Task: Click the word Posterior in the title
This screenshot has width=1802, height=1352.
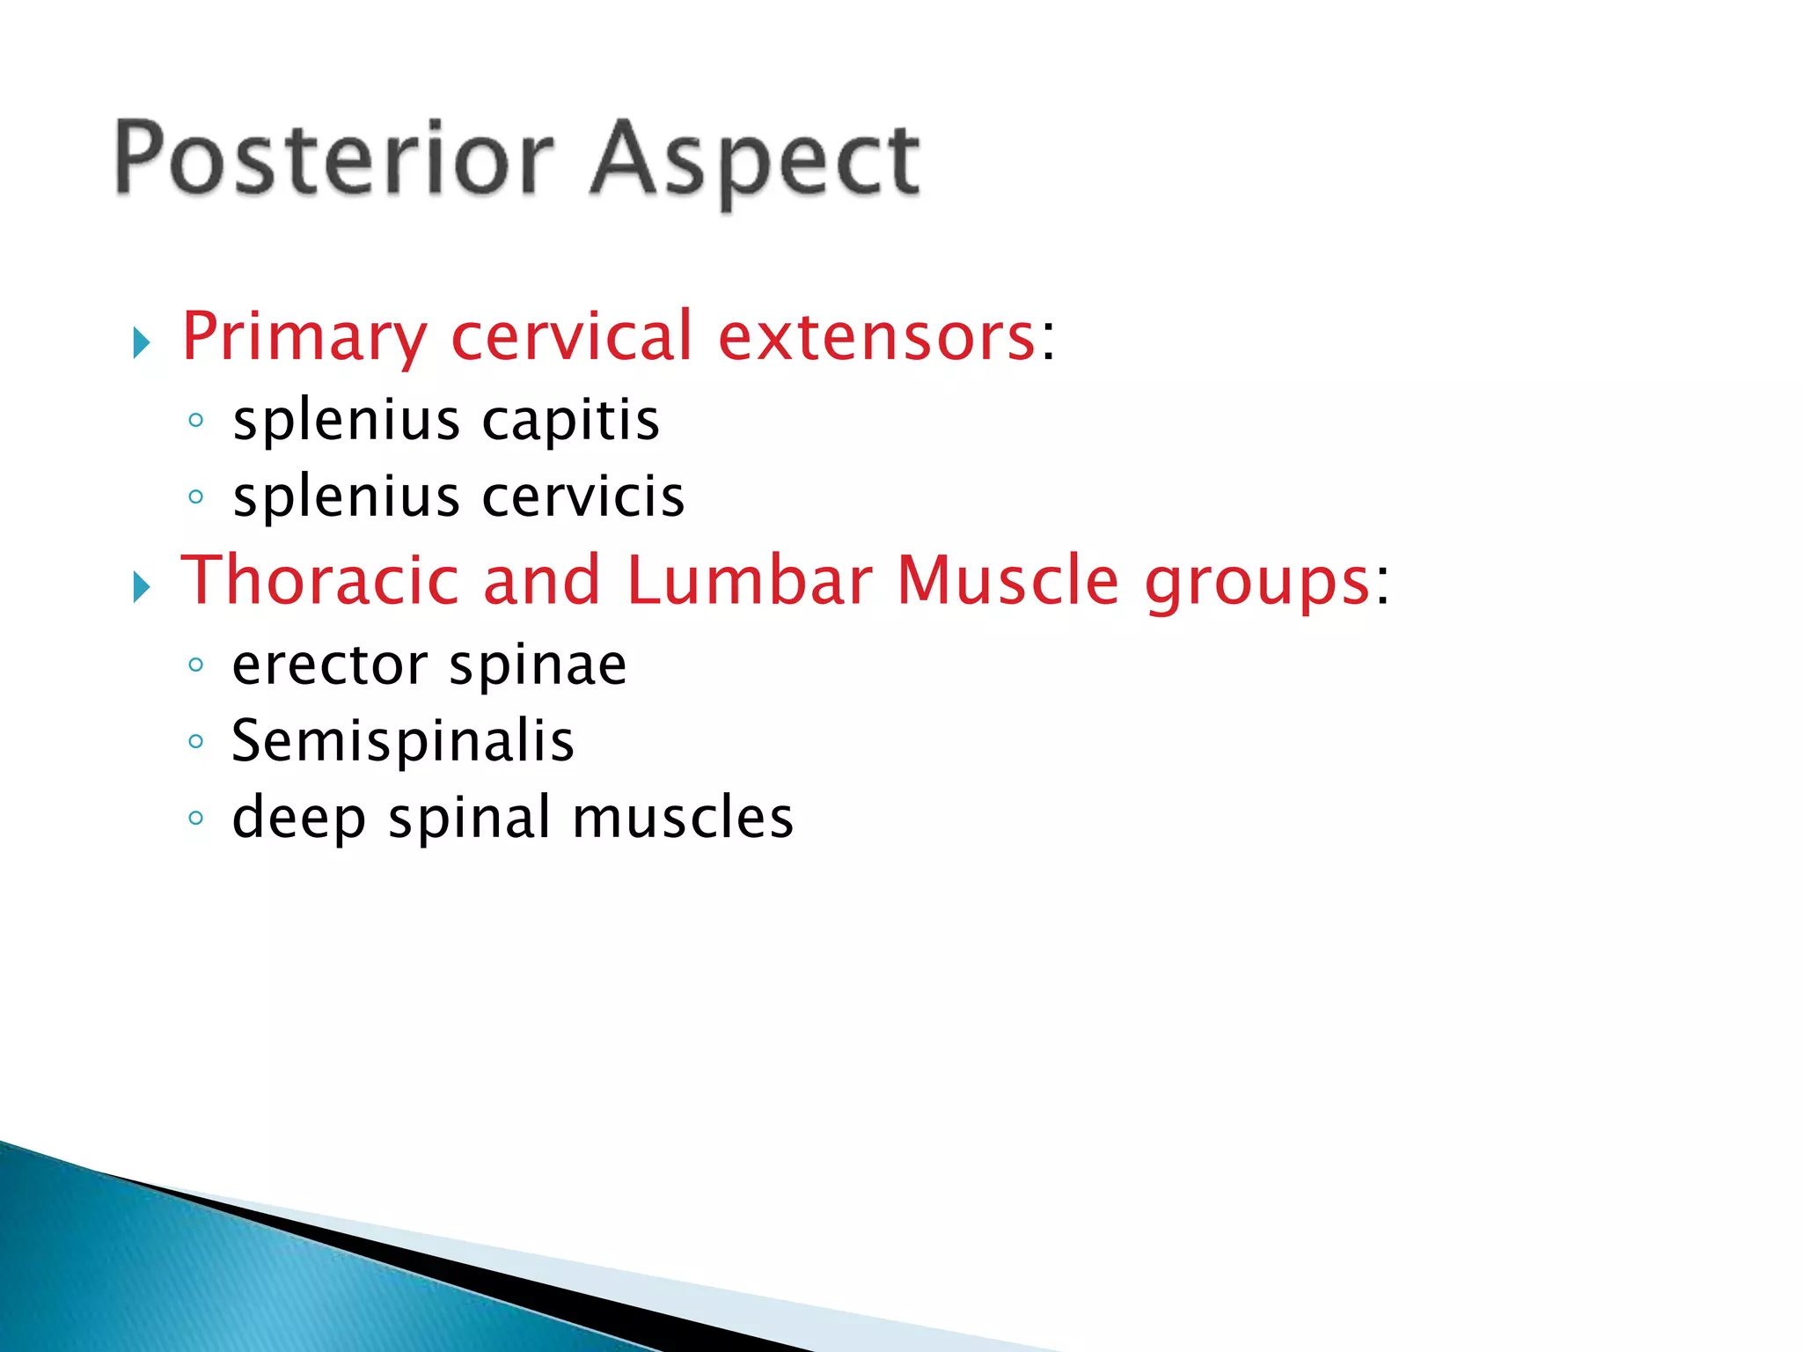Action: (x=334, y=158)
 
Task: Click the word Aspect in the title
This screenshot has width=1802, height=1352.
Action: (x=755, y=162)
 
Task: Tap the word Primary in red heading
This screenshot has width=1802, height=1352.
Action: (x=304, y=338)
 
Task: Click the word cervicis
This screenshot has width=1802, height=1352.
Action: (x=583, y=497)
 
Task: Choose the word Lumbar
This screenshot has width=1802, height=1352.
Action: (x=749, y=581)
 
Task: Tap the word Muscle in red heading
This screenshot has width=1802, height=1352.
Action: (x=1007, y=581)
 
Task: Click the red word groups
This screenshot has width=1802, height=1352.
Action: (x=1256, y=584)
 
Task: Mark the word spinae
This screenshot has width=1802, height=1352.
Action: (x=538, y=667)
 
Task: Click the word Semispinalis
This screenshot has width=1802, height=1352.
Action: (x=403, y=741)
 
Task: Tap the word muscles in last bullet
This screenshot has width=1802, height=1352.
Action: (x=683, y=818)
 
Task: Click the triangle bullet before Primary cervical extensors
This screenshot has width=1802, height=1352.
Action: (x=142, y=342)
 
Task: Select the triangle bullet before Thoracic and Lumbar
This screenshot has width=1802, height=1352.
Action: (x=142, y=587)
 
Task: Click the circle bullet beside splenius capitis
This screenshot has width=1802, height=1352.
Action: (x=196, y=421)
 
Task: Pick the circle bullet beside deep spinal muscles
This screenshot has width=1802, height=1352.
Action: (x=196, y=819)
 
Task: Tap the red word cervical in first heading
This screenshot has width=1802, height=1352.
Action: (x=572, y=336)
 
